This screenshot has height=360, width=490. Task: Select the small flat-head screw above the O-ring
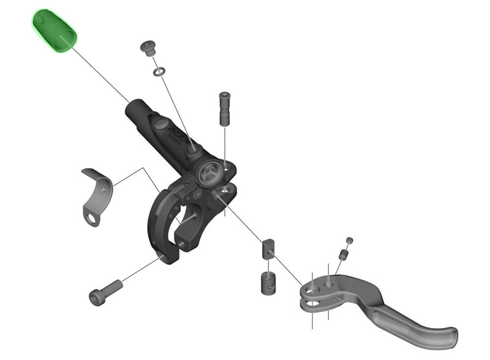pyautogui.click(x=148, y=47)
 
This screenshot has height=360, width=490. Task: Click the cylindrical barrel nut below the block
pyautogui.click(x=265, y=282)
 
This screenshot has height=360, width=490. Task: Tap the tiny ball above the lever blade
pyautogui.click(x=350, y=240)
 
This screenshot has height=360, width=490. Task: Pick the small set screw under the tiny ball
pyautogui.click(x=344, y=253)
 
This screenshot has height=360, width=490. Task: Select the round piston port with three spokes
pyautogui.click(x=209, y=173)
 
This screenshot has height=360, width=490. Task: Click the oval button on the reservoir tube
pyautogui.click(x=160, y=124)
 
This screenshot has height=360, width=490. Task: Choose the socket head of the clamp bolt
pyautogui.click(x=97, y=297)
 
